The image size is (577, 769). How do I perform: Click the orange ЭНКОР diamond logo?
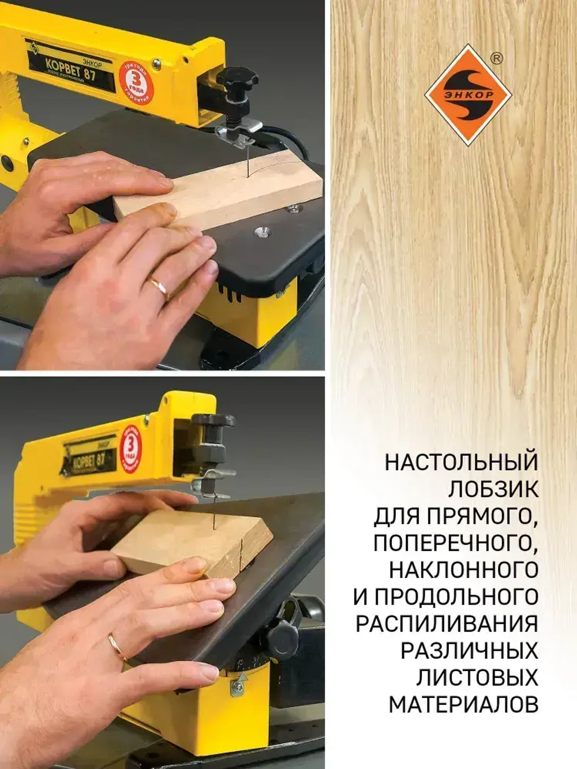pyautogui.click(x=468, y=95)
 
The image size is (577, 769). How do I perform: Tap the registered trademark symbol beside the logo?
pyautogui.click(x=495, y=58)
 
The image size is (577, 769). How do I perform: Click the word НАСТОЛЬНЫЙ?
pyautogui.click(x=461, y=463)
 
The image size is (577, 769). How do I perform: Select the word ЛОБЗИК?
pyautogui.click(x=493, y=489)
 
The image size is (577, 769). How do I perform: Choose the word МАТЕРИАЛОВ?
pyautogui.click(x=463, y=705)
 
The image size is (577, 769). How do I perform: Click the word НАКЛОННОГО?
pyautogui.click(x=463, y=570)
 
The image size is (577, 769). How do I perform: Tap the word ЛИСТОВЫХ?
pyautogui.click(x=477, y=678)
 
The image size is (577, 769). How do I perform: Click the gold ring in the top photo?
pyautogui.click(x=158, y=287)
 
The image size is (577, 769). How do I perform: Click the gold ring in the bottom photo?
pyautogui.click(x=118, y=646)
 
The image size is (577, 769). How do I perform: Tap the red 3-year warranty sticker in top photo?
pyautogui.click(x=135, y=82)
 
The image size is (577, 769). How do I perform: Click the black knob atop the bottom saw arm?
pyautogui.click(x=213, y=421)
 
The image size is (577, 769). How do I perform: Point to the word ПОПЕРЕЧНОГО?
pyautogui.click(x=455, y=543)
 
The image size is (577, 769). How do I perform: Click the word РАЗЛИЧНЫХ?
pyautogui.click(x=469, y=651)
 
